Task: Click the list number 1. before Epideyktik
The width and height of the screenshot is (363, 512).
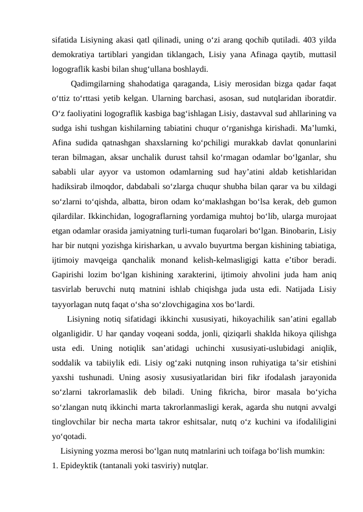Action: coord(55,466)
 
